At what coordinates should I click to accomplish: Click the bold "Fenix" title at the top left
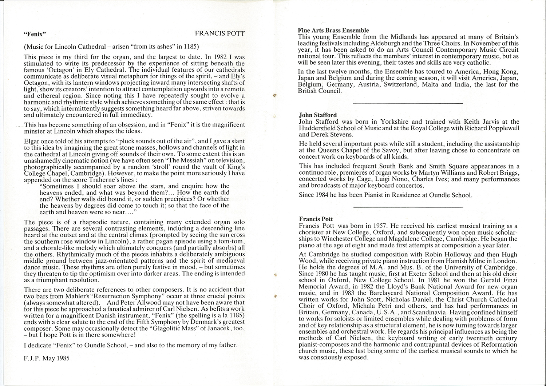(x=35, y=35)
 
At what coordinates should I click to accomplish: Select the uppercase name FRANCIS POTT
(x=219, y=34)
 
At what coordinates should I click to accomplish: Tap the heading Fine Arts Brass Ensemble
(x=333, y=31)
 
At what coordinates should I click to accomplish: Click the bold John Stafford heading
(x=318, y=115)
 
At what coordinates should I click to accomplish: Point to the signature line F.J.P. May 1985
(x=47, y=358)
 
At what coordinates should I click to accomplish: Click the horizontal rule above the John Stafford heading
(x=408, y=104)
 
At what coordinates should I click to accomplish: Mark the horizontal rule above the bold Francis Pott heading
(x=408, y=207)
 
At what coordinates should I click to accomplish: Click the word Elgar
(x=32, y=141)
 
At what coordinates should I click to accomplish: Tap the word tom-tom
(x=227, y=242)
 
